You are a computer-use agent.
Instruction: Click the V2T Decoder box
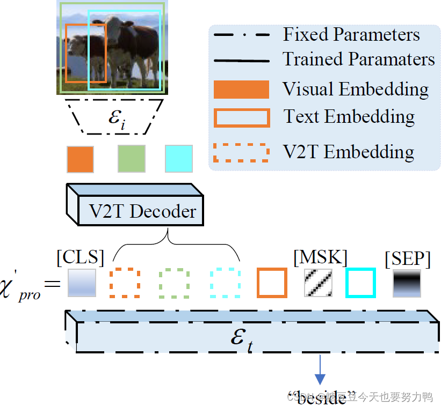141,211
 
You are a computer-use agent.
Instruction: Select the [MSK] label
320,257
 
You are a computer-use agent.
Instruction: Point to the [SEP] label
408,259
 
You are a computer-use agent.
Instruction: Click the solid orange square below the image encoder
80,159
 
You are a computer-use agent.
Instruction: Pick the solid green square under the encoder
131,159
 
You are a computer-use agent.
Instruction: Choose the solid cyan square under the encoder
178,159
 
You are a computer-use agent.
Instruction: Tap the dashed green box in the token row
175,283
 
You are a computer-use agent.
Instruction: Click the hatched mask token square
319,283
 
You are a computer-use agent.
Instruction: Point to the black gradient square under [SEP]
407,283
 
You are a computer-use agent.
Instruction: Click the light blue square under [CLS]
82,283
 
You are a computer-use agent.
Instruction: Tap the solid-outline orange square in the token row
272,283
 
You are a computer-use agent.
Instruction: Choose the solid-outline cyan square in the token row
360,283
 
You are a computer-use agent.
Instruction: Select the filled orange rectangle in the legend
241,90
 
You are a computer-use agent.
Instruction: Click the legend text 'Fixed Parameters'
351,34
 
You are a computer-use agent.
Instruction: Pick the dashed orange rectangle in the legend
241,152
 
